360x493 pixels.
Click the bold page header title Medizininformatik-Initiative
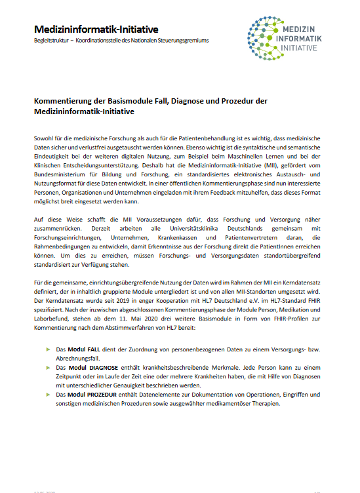pos(96,30)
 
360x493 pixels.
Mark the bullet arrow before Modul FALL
pos(48,349)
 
